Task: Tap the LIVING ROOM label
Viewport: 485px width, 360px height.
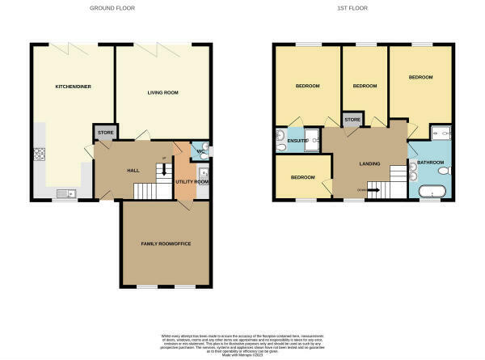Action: (x=162, y=92)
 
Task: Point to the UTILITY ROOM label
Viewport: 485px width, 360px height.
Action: (x=192, y=182)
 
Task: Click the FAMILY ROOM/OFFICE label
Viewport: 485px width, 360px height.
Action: (x=165, y=244)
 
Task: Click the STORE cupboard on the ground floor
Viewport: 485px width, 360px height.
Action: (x=106, y=132)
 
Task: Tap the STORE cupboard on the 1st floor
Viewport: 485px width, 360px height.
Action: (x=352, y=120)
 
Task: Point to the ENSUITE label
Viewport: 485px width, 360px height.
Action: (x=297, y=141)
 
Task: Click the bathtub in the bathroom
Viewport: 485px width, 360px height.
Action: (x=432, y=193)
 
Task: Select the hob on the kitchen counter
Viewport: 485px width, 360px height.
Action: (x=38, y=155)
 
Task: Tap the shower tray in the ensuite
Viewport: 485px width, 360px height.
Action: (x=310, y=136)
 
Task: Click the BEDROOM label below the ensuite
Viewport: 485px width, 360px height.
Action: (x=302, y=177)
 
